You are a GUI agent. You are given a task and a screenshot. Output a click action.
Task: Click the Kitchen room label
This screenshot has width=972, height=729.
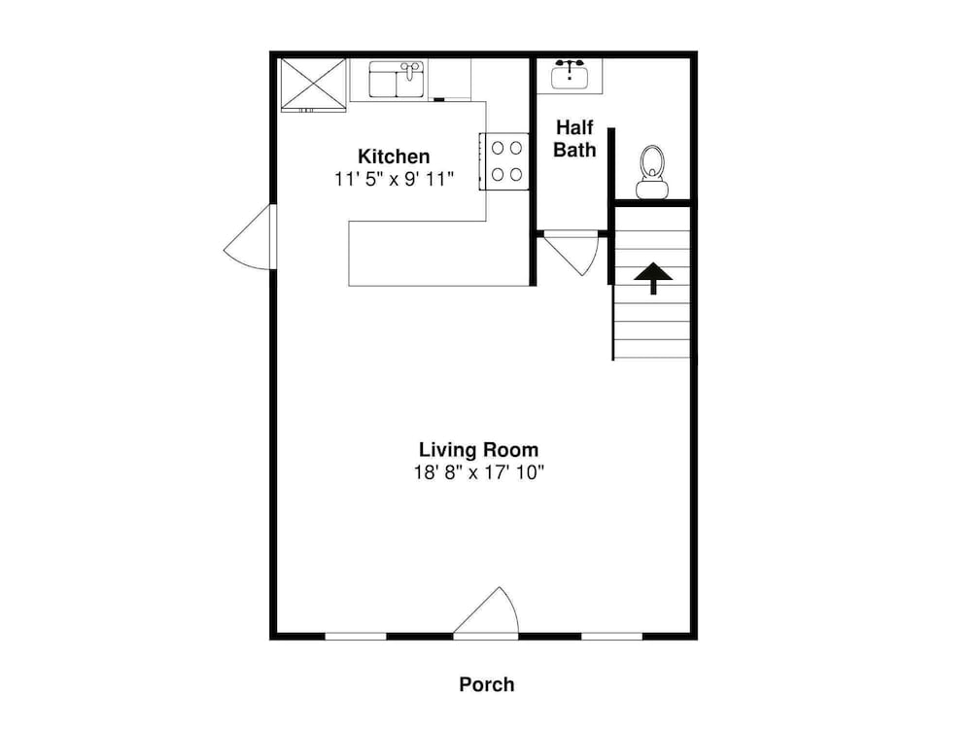pyautogui.click(x=394, y=156)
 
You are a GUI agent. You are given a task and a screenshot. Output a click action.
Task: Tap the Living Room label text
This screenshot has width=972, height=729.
pyautogui.click(x=478, y=449)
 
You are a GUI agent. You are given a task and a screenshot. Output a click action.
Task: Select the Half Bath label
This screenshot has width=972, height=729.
pyautogui.click(x=574, y=138)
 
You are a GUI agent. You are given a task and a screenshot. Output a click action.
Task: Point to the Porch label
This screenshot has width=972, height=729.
pyautogui.click(x=487, y=684)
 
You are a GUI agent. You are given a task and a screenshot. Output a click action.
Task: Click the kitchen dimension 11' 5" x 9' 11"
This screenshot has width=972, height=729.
pyautogui.click(x=395, y=179)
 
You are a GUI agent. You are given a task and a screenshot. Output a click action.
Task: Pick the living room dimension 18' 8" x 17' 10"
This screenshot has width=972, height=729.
pyautogui.click(x=478, y=473)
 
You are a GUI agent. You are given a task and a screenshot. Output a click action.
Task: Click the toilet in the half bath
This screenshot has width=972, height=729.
pyautogui.click(x=651, y=172)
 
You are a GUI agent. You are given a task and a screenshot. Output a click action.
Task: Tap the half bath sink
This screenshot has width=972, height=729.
pyautogui.click(x=570, y=76)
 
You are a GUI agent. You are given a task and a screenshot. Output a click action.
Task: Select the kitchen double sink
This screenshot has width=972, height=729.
pyautogui.click(x=397, y=80)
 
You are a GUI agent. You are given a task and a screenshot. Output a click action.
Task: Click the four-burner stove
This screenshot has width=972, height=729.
pyautogui.click(x=503, y=161)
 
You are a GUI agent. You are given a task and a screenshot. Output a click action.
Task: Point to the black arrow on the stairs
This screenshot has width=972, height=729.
pyautogui.click(x=653, y=278)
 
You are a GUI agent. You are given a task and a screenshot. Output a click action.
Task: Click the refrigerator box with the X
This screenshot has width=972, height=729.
pyautogui.click(x=313, y=85)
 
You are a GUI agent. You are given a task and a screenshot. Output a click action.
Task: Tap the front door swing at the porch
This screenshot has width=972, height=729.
pyautogui.click(x=487, y=612)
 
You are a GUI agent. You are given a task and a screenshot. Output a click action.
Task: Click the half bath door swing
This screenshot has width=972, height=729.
pyautogui.click(x=572, y=254)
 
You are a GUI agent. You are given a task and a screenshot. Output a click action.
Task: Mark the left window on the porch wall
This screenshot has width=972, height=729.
pyautogui.click(x=356, y=636)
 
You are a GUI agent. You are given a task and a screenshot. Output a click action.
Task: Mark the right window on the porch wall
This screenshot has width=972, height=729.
pyautogui.click(x=611, y=636)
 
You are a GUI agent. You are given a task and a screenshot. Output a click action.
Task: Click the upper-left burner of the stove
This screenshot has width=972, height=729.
pyautogui.click(x=497, y=148)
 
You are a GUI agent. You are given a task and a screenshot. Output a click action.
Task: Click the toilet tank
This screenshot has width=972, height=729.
pyautogui.click(x=651, y=189)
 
